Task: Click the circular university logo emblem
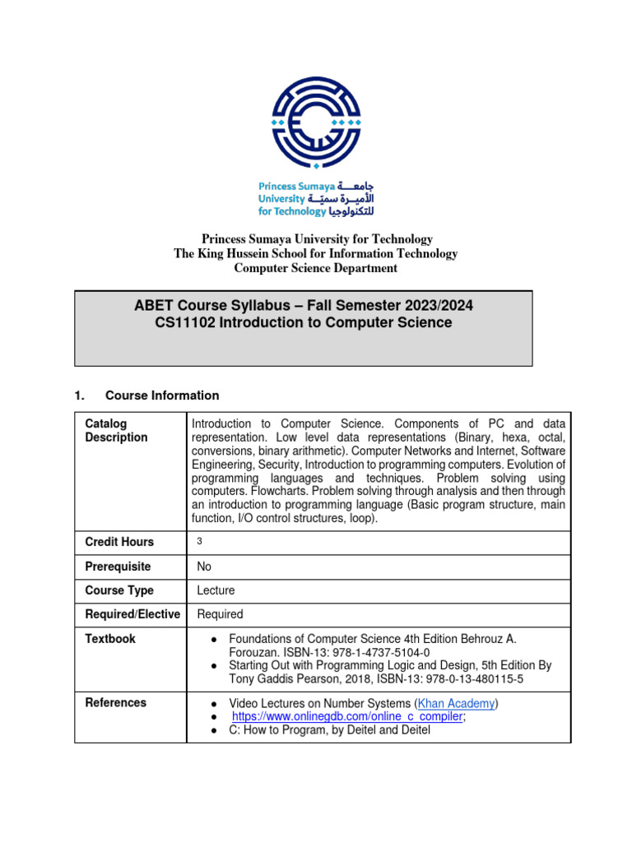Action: [x=316, y=122]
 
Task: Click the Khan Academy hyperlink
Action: [x=458, y=703]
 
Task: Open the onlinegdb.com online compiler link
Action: [x=349, y=716]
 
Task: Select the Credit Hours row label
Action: [x=119, y=542]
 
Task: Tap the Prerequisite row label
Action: [x=118, y=567]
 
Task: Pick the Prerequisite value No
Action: [x=205, y=567]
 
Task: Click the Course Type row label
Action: [x=119, y=590]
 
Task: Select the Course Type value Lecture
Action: [x=216, y=590]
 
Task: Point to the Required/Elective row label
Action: [x=132, y=614]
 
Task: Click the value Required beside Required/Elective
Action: [x=220, y=614]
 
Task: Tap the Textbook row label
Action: [x=110, y=639]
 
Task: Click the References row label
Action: [x=116, y=703]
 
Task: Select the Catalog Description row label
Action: [x=116, y=430]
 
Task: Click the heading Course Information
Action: [x=162, y=396]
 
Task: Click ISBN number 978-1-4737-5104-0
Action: [x=371, y=652]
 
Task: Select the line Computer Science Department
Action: [x=316, y=268]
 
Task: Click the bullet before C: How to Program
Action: [x=213, y=730]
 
